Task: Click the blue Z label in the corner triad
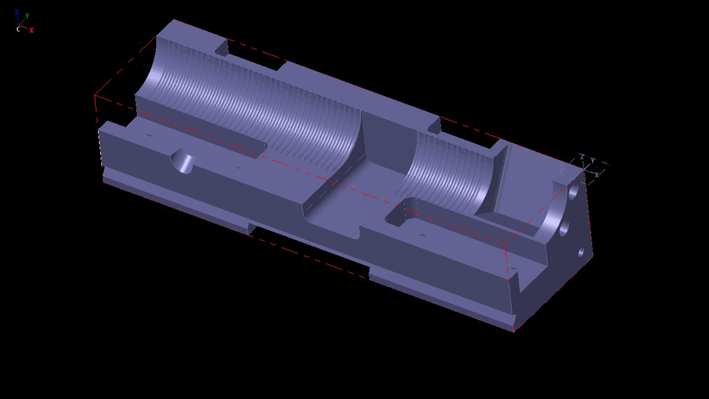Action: pos(17,12)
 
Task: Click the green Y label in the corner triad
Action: pos(27,16)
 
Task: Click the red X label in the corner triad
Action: pos(32,31)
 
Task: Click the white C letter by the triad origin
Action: pos(18,29)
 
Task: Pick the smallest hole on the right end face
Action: pos(581,253)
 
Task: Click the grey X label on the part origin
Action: pos(597,175)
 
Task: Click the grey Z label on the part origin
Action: pos(582,156)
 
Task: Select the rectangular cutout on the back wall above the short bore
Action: pos(468,131)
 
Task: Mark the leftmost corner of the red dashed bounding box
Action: pos(95,95)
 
